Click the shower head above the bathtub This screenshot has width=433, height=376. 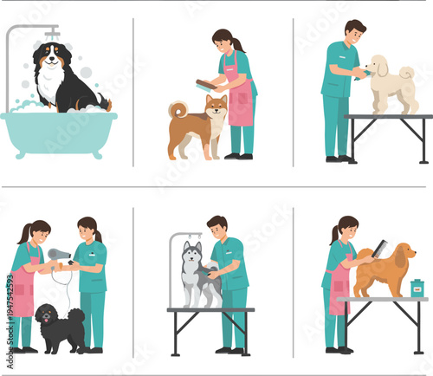pos(52,34)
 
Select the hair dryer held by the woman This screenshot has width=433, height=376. pos(60,254)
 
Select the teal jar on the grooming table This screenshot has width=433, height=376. pos(417,288)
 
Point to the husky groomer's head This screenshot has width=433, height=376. pos(217,227)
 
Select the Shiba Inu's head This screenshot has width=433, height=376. pos(215,108)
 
